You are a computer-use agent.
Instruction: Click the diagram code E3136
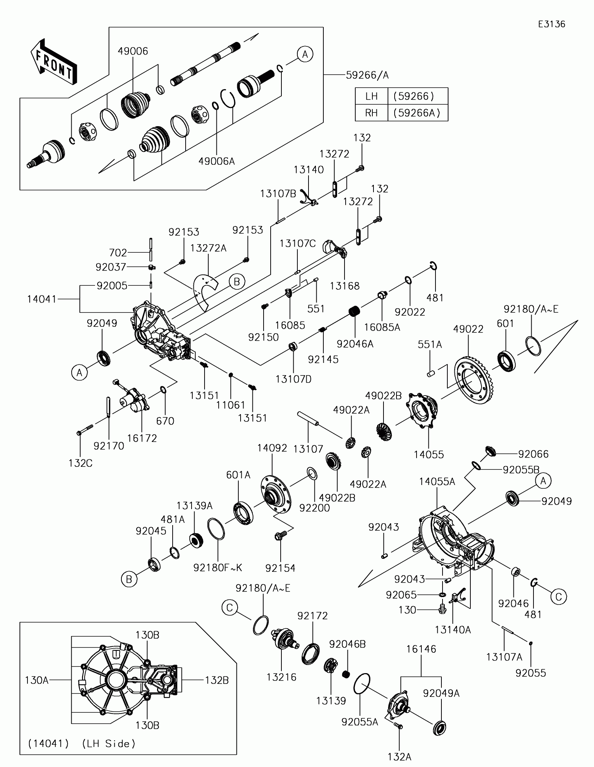tap(552, 24)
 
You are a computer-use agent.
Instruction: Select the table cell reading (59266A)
tap(418, 113)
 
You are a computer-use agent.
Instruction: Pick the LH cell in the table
tap(371, 96)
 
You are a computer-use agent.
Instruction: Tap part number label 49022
tap(469, 329)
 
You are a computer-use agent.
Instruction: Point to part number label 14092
tap(272, 448)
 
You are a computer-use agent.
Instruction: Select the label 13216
tap(281, 677)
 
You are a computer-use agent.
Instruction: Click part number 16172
tap(142, 438)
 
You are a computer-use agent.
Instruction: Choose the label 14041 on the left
tap(42, 299)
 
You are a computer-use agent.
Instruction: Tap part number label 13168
tap(345, 286)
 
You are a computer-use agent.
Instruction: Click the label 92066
tap(533, 454)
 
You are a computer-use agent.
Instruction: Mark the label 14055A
tap(437, 482)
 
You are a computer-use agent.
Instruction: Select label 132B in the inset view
tap(217, 680)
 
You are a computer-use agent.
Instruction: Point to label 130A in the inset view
tap(37, 680)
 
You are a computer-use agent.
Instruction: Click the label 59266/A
tap(367, 75)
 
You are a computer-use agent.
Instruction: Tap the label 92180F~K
tap(218, 578)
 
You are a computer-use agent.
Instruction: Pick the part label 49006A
tap(217, 161)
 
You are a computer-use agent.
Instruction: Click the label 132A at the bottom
tap(399, 757)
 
